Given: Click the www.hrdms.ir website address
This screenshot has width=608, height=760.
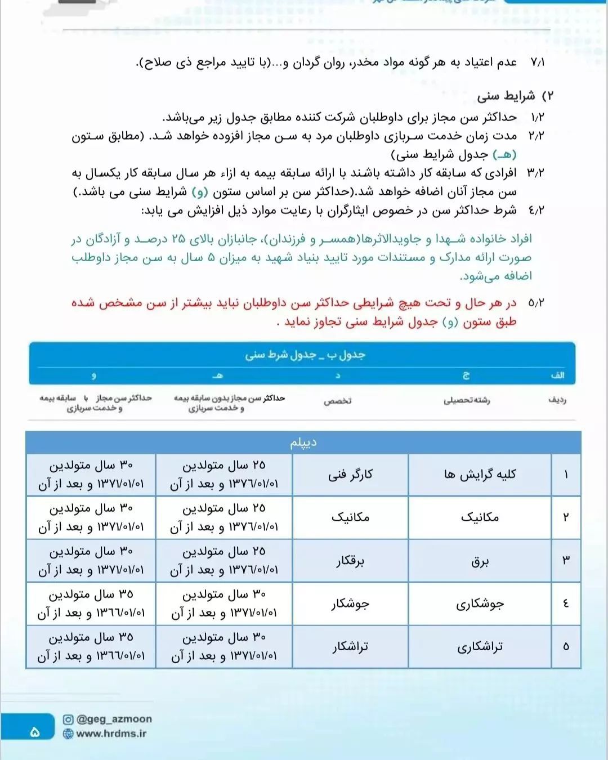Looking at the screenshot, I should click(x=111, y=734).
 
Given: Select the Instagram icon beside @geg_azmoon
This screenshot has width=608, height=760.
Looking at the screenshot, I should click(x=68, y=719).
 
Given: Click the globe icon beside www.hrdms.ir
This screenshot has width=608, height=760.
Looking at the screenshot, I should click(x=68, y=734).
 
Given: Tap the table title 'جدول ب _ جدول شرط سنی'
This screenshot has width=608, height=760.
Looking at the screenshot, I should click(x=305, y=355).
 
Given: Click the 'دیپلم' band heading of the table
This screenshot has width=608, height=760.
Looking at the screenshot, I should click(x=303, y=443).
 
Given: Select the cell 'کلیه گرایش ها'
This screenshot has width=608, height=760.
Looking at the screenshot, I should click(x=480, y=475).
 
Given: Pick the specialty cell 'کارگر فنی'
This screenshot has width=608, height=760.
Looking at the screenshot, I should click(x=350, y=475).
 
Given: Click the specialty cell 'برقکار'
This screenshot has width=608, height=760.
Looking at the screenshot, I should click(x=350, y=561).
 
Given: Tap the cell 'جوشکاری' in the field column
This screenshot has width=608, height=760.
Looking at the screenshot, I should click(x=480, y=604).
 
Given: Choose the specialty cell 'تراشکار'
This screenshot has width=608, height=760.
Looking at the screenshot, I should click(x=350, y=647).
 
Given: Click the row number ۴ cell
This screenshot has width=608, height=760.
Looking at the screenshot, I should click(x=566, y=604).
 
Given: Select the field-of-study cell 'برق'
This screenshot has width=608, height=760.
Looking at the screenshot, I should click(x=480, y=561).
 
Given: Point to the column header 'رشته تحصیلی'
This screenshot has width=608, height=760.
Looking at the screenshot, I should click(x=467, y=400).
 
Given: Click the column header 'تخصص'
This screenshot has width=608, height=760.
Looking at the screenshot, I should click(x=338, y=401).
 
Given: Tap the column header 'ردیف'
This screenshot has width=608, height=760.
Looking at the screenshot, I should click(x=557, y=400).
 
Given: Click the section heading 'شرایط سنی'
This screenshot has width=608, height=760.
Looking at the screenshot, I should click(x=506, y=96).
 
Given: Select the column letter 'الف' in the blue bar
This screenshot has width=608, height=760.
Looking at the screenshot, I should click(x=557, y=375).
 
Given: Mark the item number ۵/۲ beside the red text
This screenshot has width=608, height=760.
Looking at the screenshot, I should click(x=536, y=303).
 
